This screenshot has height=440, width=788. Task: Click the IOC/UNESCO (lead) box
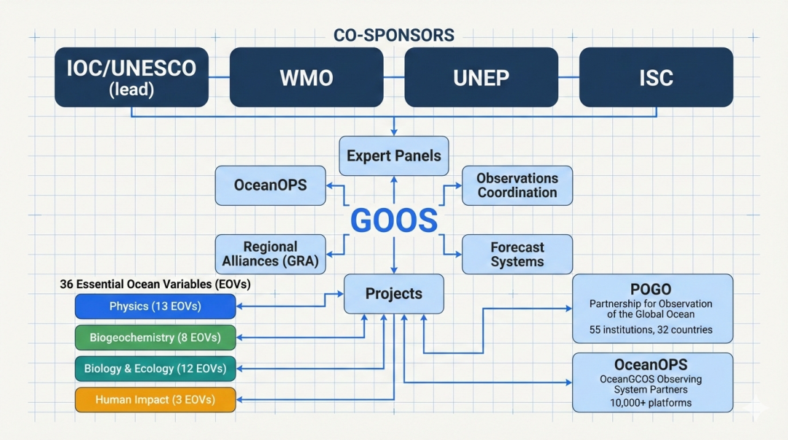pos(131,77)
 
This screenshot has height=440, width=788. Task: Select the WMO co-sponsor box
pos(306,77)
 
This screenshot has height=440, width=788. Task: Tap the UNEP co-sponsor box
pos(481,77)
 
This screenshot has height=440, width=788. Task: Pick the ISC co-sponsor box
pos(656,77)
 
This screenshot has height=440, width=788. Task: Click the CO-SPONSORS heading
pos(394,35)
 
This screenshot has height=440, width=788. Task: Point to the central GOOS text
pos(394,220)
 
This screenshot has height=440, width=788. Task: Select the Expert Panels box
pos(394,155)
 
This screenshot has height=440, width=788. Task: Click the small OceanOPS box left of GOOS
pos(270,185)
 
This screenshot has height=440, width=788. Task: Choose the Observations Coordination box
pos(517,185)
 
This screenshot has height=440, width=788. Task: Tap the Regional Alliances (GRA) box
pos(270,254)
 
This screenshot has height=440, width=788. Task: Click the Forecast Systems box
pos(517,254)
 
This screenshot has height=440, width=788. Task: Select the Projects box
pos(394,293)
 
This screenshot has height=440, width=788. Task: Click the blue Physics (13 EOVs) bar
pos(155,306)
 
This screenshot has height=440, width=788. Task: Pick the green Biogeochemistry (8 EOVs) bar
pos(155,338)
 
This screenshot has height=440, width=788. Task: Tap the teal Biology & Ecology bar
pos(155,368)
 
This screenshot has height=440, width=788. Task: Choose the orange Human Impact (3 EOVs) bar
pos(155,399)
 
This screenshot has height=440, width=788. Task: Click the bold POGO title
pos(651,289)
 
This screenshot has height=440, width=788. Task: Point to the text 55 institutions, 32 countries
pos(651,330)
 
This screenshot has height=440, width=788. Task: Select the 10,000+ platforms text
pos(651,403)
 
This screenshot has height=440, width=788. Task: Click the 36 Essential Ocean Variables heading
pos(155,285)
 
